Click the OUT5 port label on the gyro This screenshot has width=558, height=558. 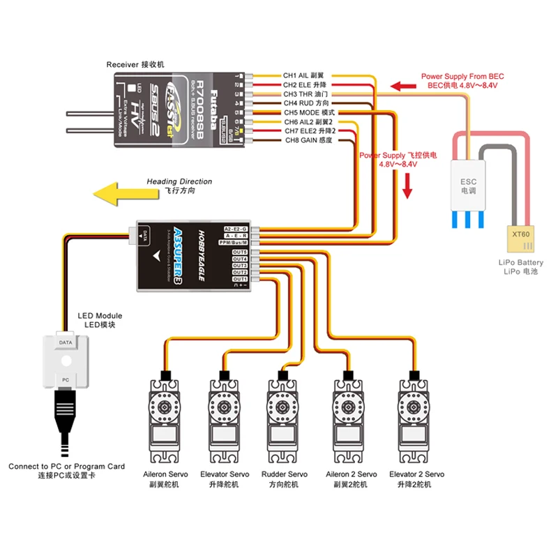241,251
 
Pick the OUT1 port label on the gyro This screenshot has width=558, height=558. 241,279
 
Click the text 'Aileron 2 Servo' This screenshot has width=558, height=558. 352,474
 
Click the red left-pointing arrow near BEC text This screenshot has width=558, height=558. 402,87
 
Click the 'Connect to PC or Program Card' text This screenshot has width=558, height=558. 66,466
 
